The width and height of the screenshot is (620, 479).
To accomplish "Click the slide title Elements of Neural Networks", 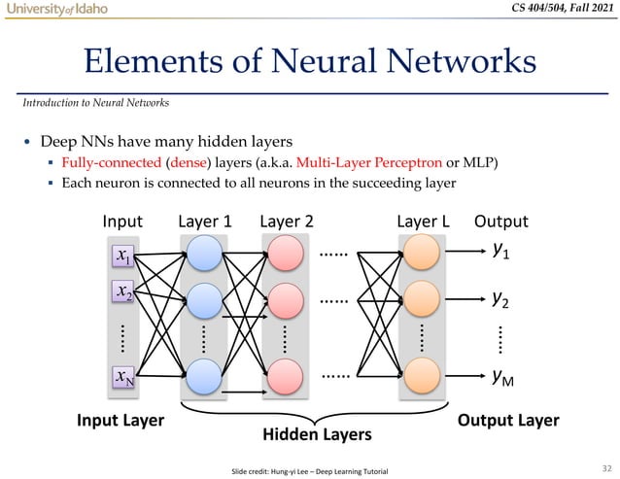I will [x=310, y=61].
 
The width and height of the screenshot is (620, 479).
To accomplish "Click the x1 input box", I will [x=123, y=256].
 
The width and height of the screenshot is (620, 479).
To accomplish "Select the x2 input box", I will [x=123, y=292].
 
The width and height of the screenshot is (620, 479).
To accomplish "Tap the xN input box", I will [x=123, y=376].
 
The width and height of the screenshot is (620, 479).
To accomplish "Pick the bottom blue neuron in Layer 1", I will [x=204, y=375].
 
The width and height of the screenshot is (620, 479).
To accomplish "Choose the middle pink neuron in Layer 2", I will [x=285, y=300].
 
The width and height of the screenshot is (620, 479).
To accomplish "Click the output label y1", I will [x=501, y=252].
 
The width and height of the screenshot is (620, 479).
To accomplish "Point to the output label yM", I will [x=503, y=375].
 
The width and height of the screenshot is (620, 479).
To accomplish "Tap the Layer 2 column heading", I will [x=286, y=222].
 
